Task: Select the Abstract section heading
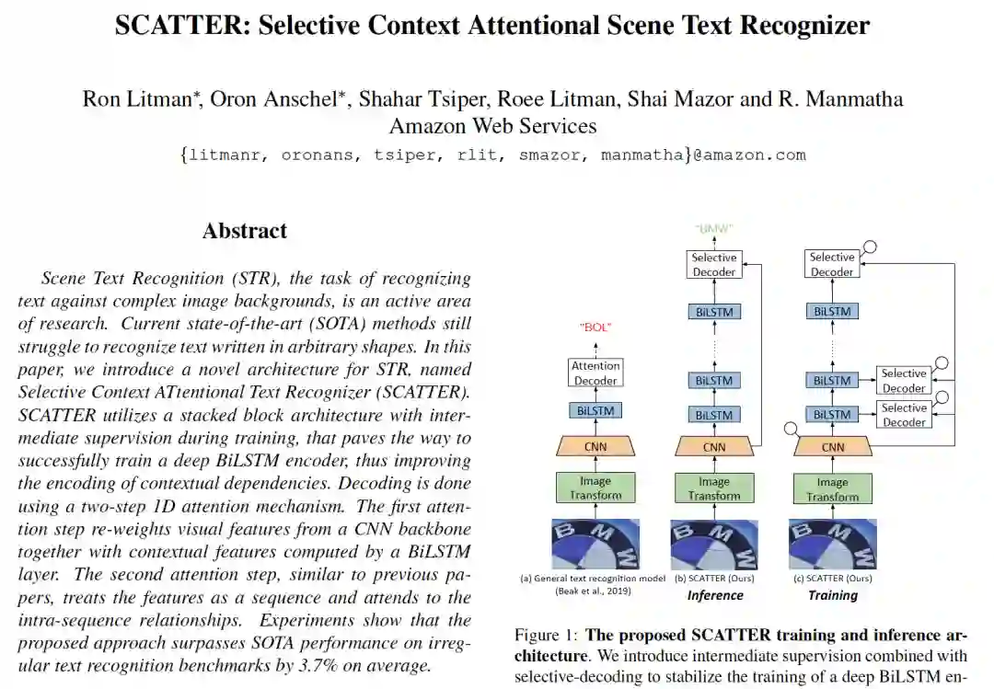click(245, 231)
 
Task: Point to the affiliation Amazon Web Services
click(492, 125)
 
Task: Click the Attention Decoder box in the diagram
click(595, 373)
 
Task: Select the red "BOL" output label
click(595, 327)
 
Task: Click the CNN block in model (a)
click(595, 447)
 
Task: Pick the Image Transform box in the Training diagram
click(832, 489)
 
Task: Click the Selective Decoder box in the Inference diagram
click(714, 265)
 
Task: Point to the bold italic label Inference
click(715, 595)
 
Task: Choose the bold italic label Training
click(832, 595)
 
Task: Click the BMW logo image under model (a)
click(595, 544)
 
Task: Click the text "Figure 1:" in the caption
click(547, 636)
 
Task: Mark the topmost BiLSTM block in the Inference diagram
click(714, 312)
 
